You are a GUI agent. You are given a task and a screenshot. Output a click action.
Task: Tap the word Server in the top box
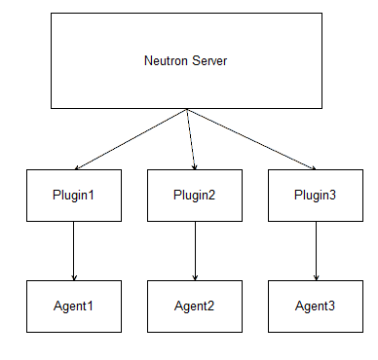[209, 61]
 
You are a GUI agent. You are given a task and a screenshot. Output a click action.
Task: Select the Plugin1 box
[74, 194]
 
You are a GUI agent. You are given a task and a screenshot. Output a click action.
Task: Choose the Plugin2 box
[195, 194]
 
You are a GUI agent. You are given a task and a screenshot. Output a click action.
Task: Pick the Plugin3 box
[315, 194]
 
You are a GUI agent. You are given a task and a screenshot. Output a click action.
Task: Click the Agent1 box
[74, 306]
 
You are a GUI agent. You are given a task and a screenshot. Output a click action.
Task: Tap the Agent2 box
[195, 306]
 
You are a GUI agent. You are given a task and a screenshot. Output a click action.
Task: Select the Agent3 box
[315, 306]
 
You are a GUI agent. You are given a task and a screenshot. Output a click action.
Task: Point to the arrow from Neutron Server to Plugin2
[191, 138]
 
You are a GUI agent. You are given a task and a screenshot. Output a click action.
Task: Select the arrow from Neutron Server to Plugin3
[251, 138]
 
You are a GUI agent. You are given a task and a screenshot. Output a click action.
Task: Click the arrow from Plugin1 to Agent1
[74, 250]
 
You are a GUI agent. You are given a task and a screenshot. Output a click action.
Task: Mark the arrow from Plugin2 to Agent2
[195, 250]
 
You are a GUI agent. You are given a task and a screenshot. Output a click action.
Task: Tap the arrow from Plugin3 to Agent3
[315, 250]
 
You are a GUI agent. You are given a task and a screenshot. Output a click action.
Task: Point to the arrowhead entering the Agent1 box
[74, 276]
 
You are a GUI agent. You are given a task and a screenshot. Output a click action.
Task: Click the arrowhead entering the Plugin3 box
[311, 166]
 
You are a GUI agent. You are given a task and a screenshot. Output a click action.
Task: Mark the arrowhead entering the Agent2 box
[195, 276]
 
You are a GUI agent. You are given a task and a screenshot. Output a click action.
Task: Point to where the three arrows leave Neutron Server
[187, 109]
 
